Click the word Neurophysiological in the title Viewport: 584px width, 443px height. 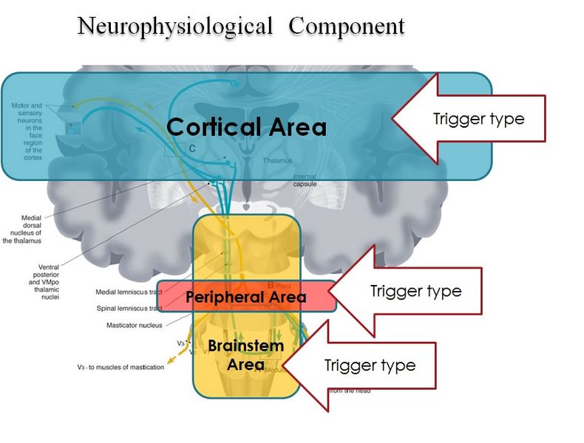(x=174, y=27)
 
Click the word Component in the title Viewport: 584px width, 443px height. (x=347, y=27)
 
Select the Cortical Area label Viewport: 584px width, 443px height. (x=246, y=127)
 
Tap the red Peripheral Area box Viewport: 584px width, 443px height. (x=245, y=297)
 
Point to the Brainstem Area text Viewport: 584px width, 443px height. (x=245, y=355)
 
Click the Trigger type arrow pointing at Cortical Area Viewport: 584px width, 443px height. (x=473, y=119)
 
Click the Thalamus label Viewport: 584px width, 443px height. (x=277, y=160)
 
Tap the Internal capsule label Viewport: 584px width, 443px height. (x=305, y=180)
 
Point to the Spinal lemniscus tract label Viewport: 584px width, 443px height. (x=130, y=309)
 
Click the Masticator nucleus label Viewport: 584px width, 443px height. (x=134, y=325)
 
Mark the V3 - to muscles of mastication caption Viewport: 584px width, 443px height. (x=120, y=367)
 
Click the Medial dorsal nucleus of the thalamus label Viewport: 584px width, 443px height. (x=25, y=230)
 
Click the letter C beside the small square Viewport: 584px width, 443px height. (x=191, y=148)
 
